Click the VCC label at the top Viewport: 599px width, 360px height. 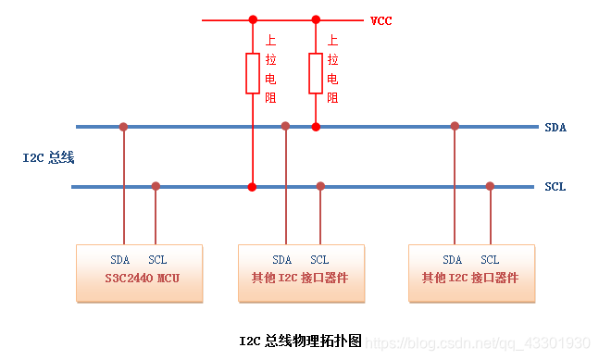pyautogui.click(x=381, y=20)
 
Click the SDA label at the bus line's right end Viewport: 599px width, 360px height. pyautogui.click(x=555, y=127)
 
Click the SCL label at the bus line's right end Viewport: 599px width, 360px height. pyautogui.click(x=555, y=187)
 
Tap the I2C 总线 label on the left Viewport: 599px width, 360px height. pyautogui.click(x=49, y=158)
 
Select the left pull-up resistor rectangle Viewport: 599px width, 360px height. pyautogui.click(x=252, y=73)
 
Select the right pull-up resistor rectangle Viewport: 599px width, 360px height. pyautogui.click(x=315, y=73)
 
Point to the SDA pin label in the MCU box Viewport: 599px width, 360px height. pyautogui.click(x=119, y=260)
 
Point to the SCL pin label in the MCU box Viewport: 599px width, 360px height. pyautogui.click(x=157, y=260)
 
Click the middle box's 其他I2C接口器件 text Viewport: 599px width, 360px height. pyautogui.click(x=302, y=278)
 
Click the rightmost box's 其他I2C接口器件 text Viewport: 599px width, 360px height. pyautogui.click(x=470, y=278)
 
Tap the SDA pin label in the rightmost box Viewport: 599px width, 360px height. pyautogui.click(x=452, y=260)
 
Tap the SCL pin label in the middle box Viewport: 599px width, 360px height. pyautogui.click(x=319, y=260)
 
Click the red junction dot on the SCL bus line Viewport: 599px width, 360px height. pyautogui.click(x=252, y=187)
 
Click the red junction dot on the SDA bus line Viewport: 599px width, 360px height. pyautogui.click(x=315, y=127)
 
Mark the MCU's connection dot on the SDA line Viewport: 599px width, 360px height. pyautogui.click(x=123, y=126)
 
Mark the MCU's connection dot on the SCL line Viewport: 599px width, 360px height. pyautogui.click(x=156, y=186)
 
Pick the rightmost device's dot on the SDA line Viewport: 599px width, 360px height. pyautogui.click(x=455, y=126)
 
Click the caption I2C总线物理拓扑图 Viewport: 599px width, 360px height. pyautogui.click(x=299, y=341)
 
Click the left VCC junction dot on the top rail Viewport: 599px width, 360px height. pyautogui.click(x=252, y=19)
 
